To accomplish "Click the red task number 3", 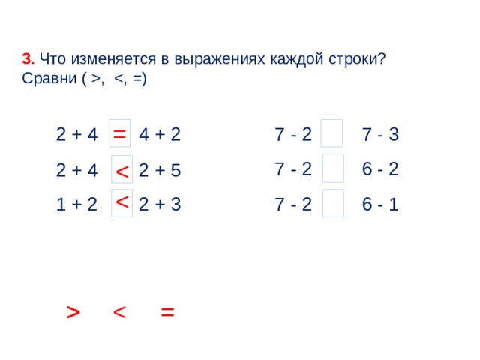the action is [x=28, y=58].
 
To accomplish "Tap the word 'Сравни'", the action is [x=49, y=78].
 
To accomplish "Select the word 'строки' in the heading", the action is [x=353, y=59].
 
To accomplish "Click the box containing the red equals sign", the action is [x=120, y=133].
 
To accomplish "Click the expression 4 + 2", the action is [x=160, y=134].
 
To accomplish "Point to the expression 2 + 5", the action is [x=160, y=170].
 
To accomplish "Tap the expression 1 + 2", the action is [x=76, y=204].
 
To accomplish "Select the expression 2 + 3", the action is [x=160, y=204].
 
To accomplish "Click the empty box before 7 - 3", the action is [x=331, y=133].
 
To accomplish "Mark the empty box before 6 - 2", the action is [x=333, y=168].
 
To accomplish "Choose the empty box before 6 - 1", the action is [x=333, y=203].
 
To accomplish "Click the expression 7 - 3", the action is [x=380, y=134].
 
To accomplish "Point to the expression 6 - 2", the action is [x=380, y=169].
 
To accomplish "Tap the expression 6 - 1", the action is [x=380, y=204].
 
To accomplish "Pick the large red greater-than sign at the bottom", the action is [x=73, y=312].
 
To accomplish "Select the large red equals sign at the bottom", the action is [x=167, y=312].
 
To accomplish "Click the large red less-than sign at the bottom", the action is [x=119, y=312].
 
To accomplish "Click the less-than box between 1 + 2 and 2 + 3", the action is [x=121, y=203].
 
